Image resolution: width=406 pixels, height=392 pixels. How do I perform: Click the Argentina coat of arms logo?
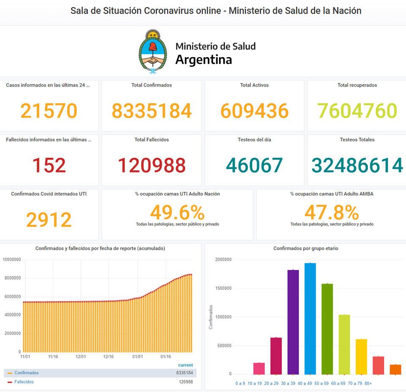click(x=153, y=52)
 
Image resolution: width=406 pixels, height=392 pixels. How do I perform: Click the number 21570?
click(x=49, y=111)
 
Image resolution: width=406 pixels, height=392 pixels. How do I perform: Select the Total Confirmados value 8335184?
click(x=151, y=111)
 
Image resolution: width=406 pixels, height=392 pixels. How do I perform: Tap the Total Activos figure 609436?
click(x=254, y=111)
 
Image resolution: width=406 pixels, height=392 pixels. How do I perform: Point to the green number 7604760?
click(x=357, y=111)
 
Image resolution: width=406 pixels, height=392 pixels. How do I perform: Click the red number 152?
click(x=49, y=165)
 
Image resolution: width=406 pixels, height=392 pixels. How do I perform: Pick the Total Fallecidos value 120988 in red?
click(x=151, y=165)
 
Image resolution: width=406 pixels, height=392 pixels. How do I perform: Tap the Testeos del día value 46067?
click(x=254, y=165)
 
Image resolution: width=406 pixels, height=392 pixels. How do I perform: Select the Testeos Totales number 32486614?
click(x=357, y=165)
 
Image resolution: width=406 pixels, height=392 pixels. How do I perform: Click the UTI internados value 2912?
click(x=49, y=220)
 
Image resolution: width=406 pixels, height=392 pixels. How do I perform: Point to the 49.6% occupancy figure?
click(x=177, y=212)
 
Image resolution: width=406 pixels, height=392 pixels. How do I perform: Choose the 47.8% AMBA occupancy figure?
click(x=332, y=212)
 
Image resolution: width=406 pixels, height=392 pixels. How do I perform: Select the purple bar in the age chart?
click(x=293, y=321)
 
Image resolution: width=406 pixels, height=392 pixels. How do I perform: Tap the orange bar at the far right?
click(x=395, y=369)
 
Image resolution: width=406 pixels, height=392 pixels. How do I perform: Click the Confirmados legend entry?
click(x=26, y=373)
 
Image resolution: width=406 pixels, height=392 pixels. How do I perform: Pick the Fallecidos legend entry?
click(x=24, y=382)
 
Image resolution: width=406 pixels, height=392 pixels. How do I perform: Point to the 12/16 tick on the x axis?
click(x=109, y=356)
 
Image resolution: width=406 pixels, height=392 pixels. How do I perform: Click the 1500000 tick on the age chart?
click(x=223, y=288)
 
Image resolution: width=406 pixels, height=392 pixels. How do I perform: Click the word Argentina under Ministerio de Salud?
click(x=203, y=60)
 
